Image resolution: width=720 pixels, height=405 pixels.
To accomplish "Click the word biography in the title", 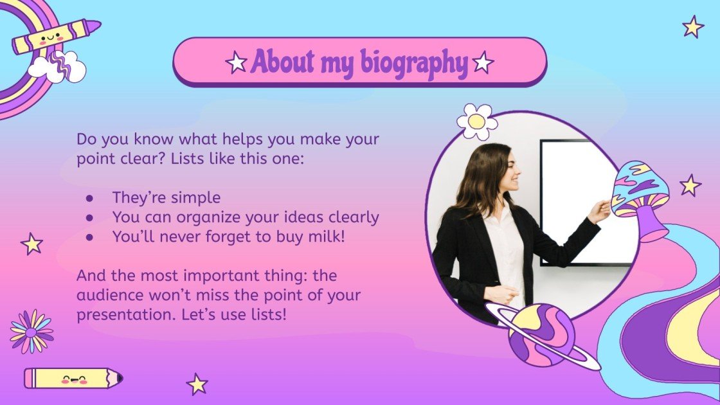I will (413, 62).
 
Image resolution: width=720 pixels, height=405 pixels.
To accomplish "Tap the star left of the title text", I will (237, 62).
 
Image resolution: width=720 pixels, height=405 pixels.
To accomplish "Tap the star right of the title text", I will (483, 62).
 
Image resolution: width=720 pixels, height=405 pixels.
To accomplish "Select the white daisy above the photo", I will (477, 121).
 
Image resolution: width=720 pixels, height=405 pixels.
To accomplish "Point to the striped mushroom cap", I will (639, 186).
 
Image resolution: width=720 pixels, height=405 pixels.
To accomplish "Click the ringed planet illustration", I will (542, 334).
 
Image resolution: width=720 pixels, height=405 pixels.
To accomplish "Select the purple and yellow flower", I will (32, 331).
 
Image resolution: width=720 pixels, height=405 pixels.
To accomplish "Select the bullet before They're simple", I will (90, 198).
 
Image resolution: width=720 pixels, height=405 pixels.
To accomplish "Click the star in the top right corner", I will (693, 26).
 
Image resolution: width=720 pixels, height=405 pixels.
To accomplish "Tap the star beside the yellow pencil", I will (197, 384).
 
